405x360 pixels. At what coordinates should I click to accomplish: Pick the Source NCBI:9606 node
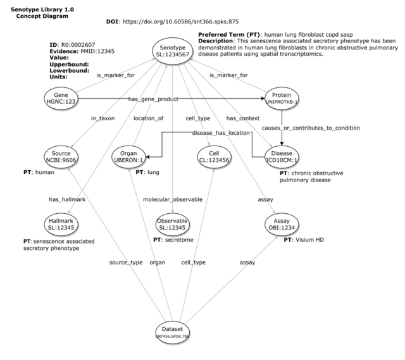pos(61,156)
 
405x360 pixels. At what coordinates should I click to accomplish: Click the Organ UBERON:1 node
pos(129,156)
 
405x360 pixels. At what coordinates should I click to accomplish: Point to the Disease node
pos(281,156)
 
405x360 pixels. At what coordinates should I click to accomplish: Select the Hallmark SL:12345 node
pos(61,223)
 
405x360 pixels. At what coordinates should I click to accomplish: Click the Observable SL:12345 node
pos(172,223)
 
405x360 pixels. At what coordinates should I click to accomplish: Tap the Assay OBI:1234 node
pos(281,223)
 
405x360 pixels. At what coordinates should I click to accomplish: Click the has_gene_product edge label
pos(153,99)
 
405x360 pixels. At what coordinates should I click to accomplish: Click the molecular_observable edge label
pos(173,199)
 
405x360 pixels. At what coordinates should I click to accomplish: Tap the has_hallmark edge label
pos(66,199)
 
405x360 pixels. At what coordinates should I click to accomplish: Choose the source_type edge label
pos(125,262)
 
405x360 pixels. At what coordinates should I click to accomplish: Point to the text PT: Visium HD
pos(304,240)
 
